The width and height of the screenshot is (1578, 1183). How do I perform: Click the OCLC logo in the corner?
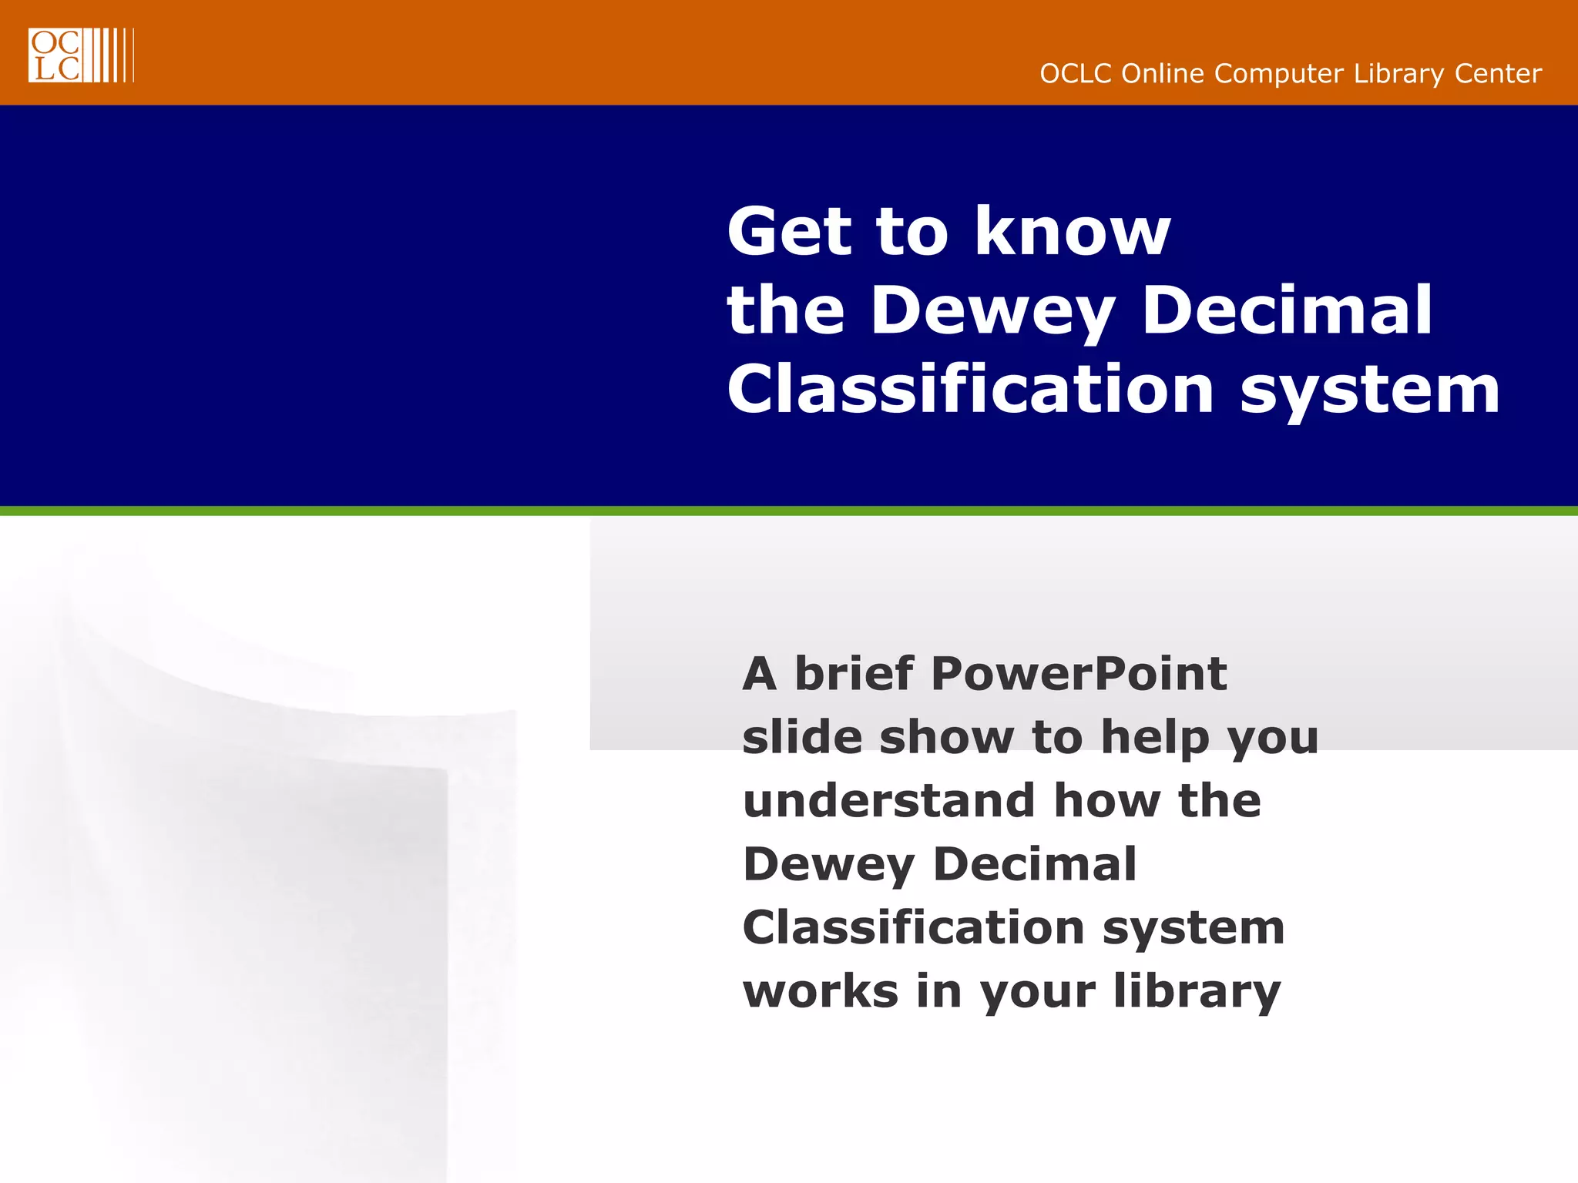click(x=81, y=55)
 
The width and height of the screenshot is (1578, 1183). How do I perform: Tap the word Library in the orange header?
click(x=1399, y=74)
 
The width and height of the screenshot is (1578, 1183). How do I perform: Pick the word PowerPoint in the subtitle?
click(x=1079, y=674)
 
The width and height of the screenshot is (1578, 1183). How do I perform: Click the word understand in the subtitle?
click(x=889, y=801)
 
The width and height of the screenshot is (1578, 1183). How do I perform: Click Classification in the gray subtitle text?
click(x=913, y=927)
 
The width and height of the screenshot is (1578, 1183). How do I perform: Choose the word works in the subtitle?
click(x=821, y=991)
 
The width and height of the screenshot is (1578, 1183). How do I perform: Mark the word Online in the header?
click(x=1163, y=74)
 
